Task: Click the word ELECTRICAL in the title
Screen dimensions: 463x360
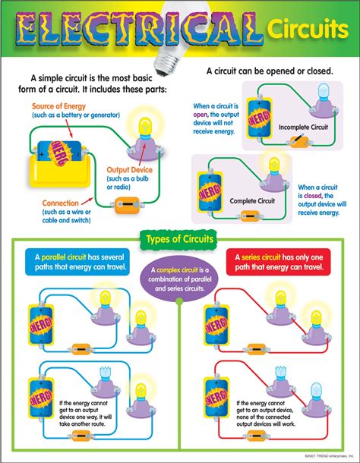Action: [137, 32]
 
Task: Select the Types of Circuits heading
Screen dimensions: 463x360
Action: [180, 241]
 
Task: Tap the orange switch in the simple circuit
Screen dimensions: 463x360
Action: [125, 204]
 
